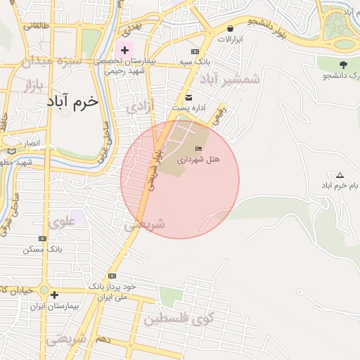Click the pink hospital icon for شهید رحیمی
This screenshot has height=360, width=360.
tap(125, 50)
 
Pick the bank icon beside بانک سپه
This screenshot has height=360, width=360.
tap(195, 53)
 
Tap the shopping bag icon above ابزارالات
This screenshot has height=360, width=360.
tap(231, 28)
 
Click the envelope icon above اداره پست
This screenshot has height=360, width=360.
tap(188, 97)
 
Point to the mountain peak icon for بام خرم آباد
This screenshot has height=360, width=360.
tap(340, 175)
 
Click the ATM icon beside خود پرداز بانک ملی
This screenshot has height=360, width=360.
tap(112, 276)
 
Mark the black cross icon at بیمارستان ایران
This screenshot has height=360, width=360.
tap(54, 295)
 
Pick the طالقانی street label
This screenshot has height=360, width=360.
tap(37, 26)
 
